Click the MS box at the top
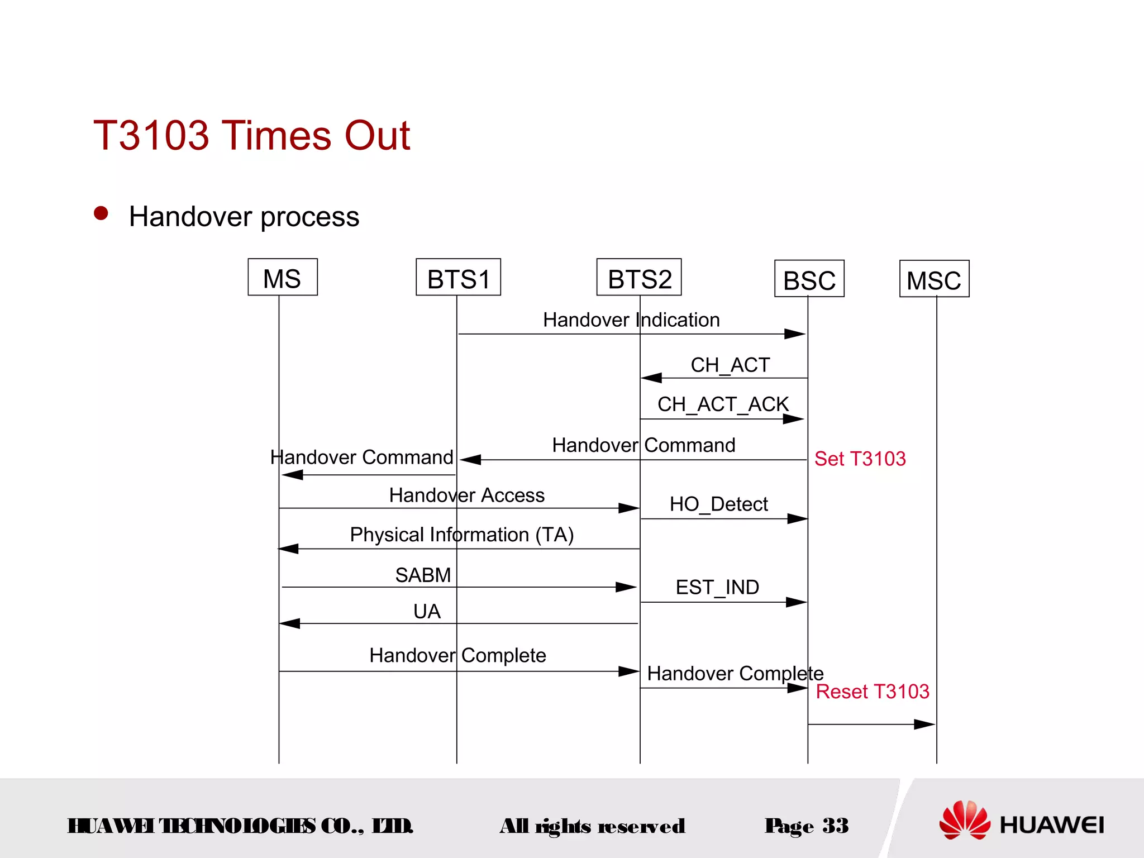coord(283,278)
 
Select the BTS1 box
coord(458,278)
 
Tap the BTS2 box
coord(639,278)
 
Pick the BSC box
coord(809,279)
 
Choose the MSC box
coord(934,279)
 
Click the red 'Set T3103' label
coord(860,459)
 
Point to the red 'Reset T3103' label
coord(872,692)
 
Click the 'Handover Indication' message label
coord(631,320)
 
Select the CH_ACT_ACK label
coord(723,404)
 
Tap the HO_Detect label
coord(718,504)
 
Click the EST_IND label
coord(717,587)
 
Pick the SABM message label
coord(423,575)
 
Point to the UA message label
coord(427,611)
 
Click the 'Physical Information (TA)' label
coord(461,535)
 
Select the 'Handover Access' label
coord(466,495)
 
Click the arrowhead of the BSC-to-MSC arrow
coord(925,724)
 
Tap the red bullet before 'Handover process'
coord(101,213)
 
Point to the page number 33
coord(835,826)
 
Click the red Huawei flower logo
coord(964,819)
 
